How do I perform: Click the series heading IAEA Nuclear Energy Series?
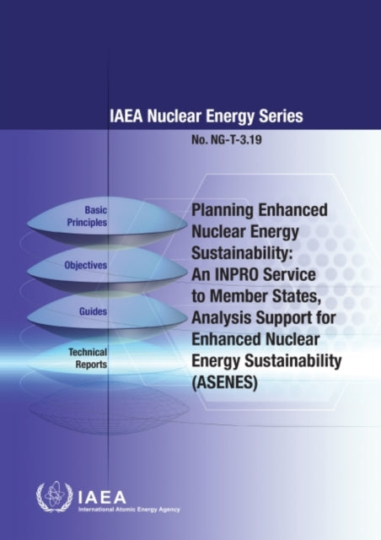pyautogui.click(x=207, y=117)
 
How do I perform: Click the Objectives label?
pyautogui.click(x=86, y=266)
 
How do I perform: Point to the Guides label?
pyautogui.click(x=94, y=310)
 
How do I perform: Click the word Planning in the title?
pyautogui.click(x=224, y=209)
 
